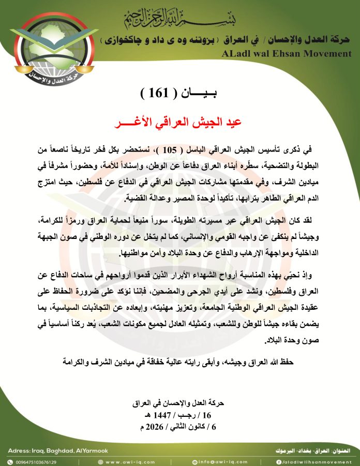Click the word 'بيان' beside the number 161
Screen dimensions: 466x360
pyautogui.click(x=203, y=95)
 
